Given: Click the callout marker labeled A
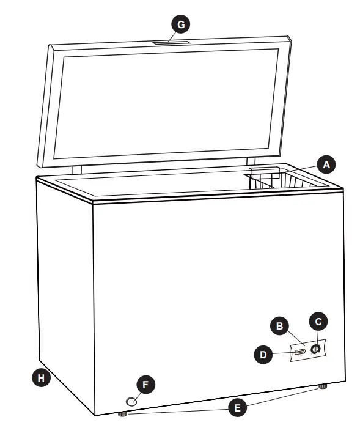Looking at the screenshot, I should click(x=326, y=164).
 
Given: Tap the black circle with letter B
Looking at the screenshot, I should click(x=281, y=327).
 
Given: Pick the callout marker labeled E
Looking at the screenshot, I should click(x=237, y=408).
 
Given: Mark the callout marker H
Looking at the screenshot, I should click(x=41, y=378).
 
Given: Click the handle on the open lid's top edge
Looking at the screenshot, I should click(x=172, y=42).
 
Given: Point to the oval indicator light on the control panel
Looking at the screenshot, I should click(x=300, y=352).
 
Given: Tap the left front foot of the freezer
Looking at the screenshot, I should click(x=122, y=414).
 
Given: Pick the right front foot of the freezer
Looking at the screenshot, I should click(x=321, y=386).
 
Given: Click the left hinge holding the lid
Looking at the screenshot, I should click(x=77, y=169).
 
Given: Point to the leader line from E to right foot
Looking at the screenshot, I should click(x=281, y=397).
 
